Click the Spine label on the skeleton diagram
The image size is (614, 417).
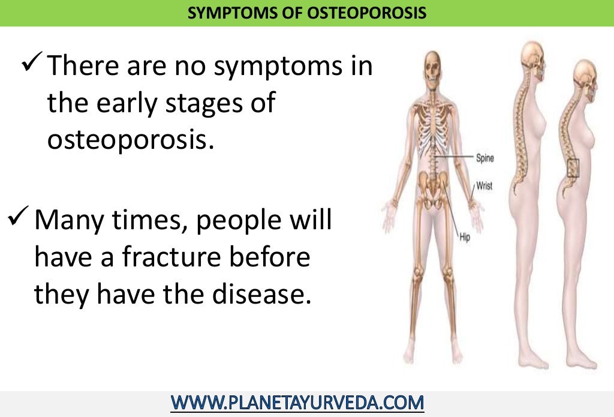point(484,158)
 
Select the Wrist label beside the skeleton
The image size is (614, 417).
point(484,186)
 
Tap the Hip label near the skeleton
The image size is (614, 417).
point(465,238)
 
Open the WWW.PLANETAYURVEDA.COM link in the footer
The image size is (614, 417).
point(297,401)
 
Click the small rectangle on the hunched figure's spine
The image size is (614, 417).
point(573,167)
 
